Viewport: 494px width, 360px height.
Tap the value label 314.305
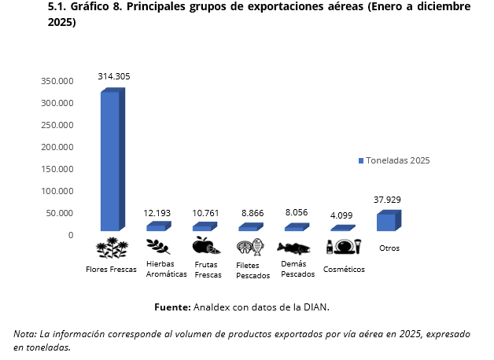[114, 76]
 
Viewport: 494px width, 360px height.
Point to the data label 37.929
[388, 200]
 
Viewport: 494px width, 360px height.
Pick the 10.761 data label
[205, 213]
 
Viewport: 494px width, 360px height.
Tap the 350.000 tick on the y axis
[57, 81]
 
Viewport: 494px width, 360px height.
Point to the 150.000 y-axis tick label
[57, 169]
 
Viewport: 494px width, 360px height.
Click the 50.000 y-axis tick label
[60, 213]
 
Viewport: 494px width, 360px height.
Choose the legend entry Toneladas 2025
[396, 160]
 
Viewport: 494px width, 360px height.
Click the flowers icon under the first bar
[112, 248]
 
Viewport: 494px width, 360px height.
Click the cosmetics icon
[343, 246]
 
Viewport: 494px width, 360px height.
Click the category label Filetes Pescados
[253, 270]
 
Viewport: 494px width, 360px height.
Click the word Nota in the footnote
[24, 334]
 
